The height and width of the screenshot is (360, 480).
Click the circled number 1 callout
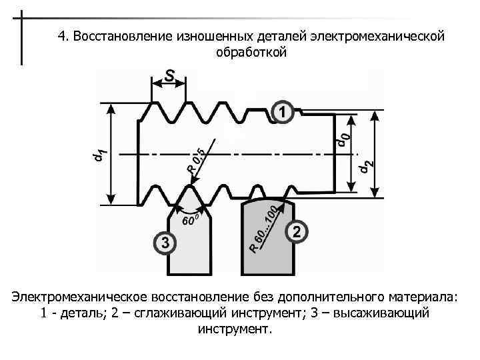tap(283, 112)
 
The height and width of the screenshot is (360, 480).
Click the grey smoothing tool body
tap(267, 247)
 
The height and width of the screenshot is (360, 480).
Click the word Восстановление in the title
tap(117, 36)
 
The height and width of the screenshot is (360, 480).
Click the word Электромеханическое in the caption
tap(78, 295)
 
